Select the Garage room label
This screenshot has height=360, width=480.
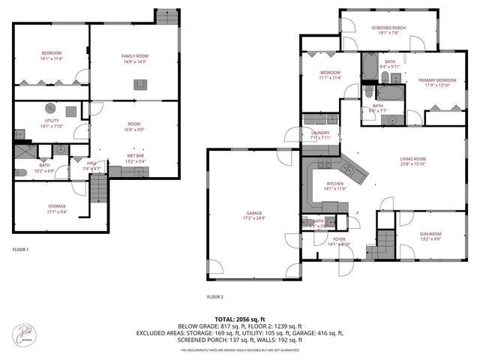254,215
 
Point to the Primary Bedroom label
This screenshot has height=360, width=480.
437,82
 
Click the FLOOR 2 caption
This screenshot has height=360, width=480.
215,296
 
